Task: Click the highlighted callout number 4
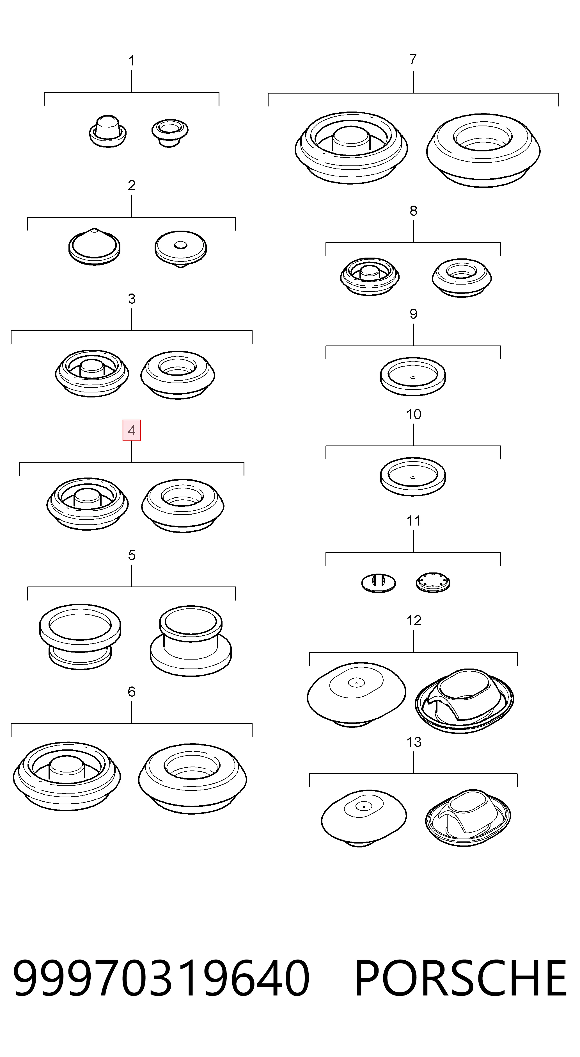tap(132, 430)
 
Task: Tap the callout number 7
tap(413, 60)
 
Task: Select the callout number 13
tap(414, 742)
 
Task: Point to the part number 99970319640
tap(161, 979)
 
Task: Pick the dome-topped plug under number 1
tap(108, 131)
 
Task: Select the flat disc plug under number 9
tap(413, 376)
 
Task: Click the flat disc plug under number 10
tap(413, 476)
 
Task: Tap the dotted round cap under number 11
tap(433, 582)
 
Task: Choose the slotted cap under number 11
tap(378, 582)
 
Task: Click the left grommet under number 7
tap(351, 148)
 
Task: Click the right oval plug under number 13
tap(468, 817)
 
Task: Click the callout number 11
tap(414, 521)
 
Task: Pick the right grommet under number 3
tap(178, 374)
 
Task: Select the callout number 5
tap(132, 555)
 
